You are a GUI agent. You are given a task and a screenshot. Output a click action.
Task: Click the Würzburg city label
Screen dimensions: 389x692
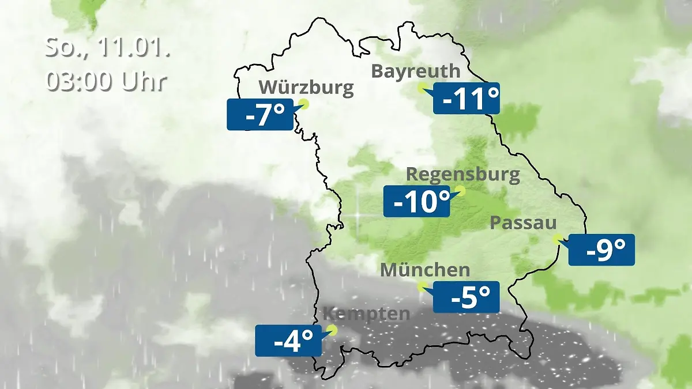pos(306,88)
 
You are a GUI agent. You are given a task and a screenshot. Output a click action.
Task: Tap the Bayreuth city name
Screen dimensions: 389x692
pos(415,71)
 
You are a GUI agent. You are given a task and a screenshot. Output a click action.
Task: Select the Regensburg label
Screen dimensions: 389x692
pos(463,175)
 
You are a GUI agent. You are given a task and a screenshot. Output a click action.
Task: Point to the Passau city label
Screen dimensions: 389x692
pos(523,224)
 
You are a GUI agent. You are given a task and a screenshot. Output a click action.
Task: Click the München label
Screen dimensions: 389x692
pos(425,270)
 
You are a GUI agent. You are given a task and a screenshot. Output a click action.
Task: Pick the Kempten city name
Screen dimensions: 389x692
pos(366,314)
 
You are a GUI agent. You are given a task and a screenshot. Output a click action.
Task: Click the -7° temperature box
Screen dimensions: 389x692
pos(259,115)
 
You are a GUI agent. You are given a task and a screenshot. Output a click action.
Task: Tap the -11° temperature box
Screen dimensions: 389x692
pos(466,99)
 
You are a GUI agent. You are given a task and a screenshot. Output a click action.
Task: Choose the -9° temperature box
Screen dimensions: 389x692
pos(601,250)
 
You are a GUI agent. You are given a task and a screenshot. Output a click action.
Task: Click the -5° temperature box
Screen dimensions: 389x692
pos(466,297)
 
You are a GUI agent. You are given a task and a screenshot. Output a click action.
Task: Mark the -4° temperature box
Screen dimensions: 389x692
pos(288,341)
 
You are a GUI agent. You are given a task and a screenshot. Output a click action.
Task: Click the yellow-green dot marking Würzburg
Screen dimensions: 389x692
pos(304,104)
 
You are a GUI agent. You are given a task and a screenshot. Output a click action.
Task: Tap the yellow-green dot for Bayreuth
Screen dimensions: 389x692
pos(423,88)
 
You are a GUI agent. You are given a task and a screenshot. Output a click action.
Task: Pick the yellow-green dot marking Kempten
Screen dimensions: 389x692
pos(331,330)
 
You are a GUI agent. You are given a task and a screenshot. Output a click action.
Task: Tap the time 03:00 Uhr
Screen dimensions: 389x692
pos(106,81)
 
